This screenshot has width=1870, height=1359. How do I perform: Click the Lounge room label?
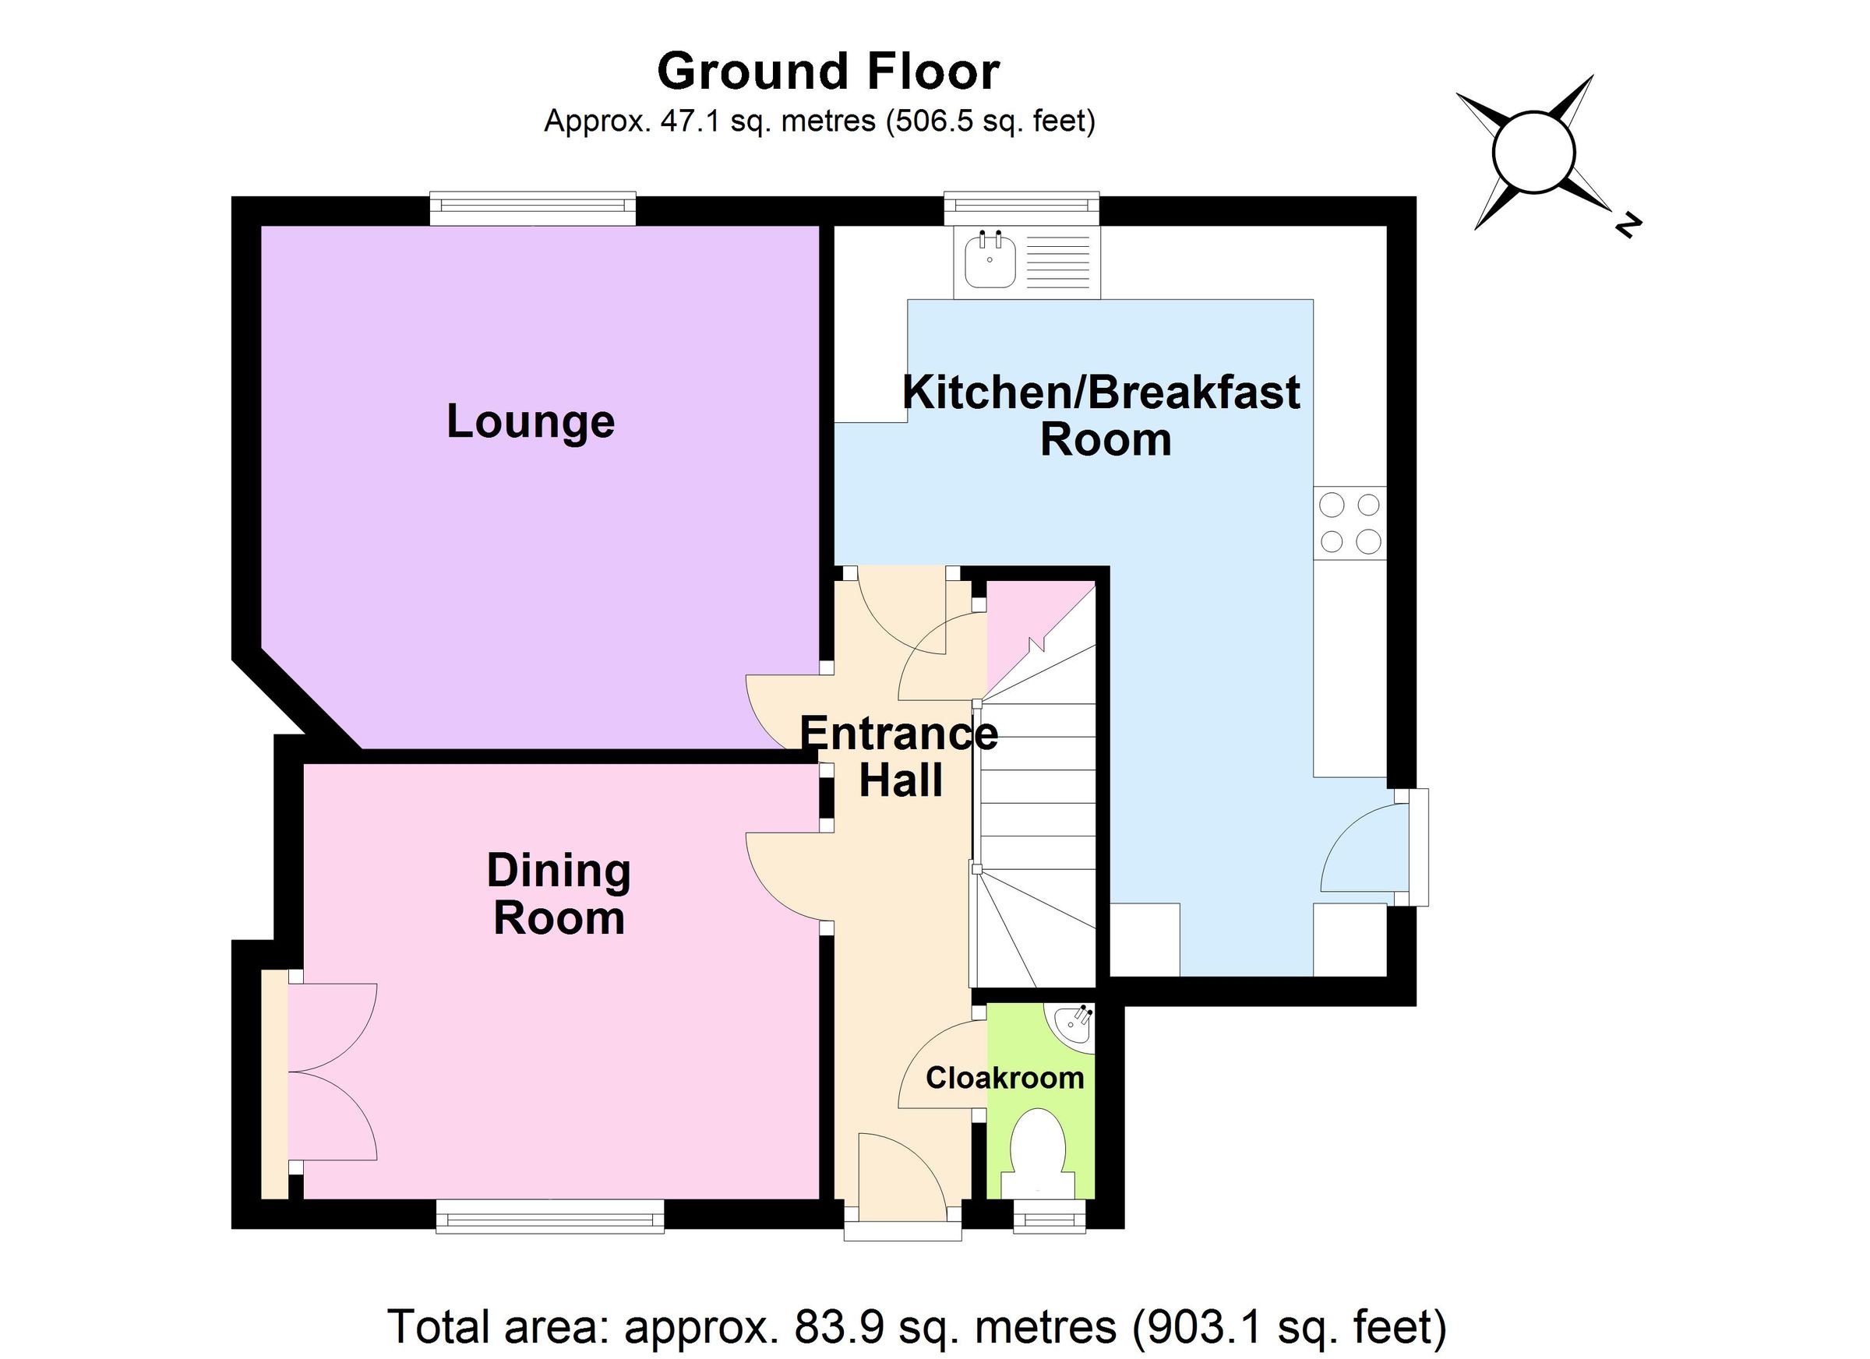[530, 423]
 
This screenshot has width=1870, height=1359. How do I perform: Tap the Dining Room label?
[559, 894]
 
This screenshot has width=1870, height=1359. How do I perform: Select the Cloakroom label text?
[1004, 1077]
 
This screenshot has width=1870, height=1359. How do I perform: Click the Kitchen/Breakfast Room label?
[1103, 415]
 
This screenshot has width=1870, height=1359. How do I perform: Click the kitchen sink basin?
[990, 259]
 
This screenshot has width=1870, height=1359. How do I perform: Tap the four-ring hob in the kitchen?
[1350, 523]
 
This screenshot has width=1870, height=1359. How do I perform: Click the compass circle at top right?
[1534, 153]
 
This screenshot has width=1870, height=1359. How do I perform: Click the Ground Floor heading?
[827, 71]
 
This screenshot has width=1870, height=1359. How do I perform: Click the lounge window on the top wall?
[533, 209]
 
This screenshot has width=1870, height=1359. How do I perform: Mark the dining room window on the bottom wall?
[550, 1216]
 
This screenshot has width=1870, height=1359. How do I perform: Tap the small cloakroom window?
[1049, 1216]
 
